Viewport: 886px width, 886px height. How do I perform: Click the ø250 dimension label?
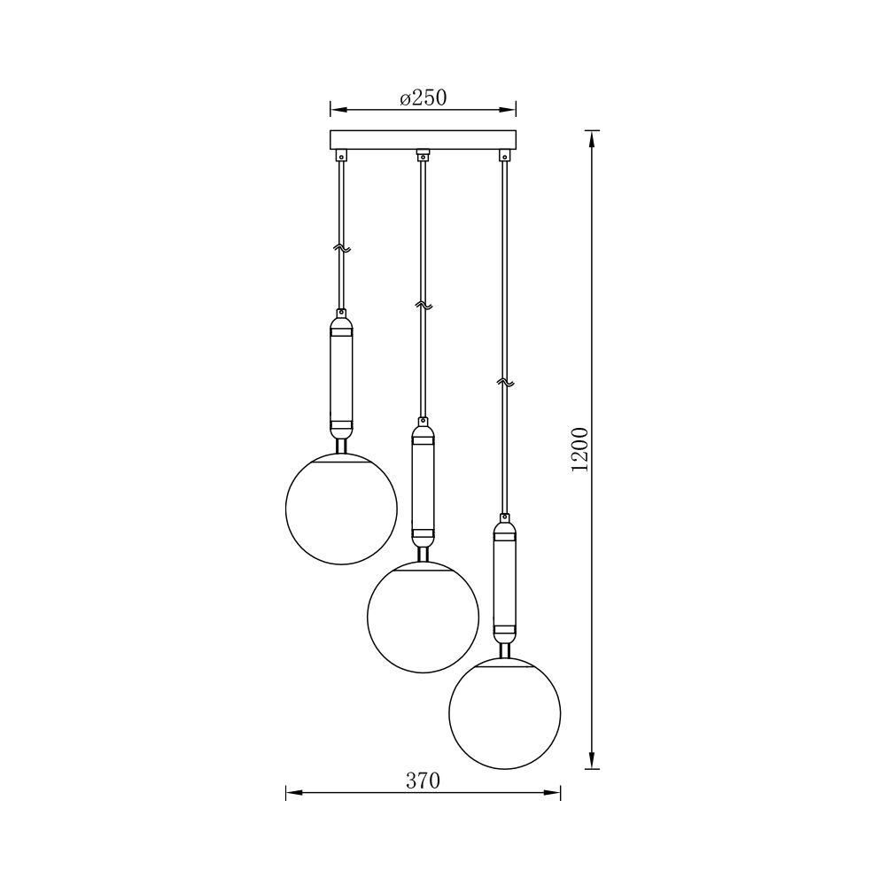[x=423, y=97]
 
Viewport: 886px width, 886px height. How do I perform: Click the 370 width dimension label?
[x=423, y=781]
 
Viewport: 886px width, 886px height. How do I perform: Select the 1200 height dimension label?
[x=580, y=450]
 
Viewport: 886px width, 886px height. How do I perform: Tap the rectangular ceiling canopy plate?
[x=423, y=140]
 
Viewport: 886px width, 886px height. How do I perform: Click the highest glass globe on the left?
[x=341, y=509]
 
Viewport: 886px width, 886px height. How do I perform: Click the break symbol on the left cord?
[x=341, y=250]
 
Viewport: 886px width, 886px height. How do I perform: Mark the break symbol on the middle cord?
[x=423, y=306]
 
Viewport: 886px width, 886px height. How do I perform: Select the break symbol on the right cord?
[x=504, y=382]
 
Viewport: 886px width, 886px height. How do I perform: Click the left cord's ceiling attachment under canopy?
[x=341, y=156]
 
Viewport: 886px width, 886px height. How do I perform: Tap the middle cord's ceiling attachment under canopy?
[x=423, y=156]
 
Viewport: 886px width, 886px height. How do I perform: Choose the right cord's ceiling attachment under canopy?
[x=504, y=156]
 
